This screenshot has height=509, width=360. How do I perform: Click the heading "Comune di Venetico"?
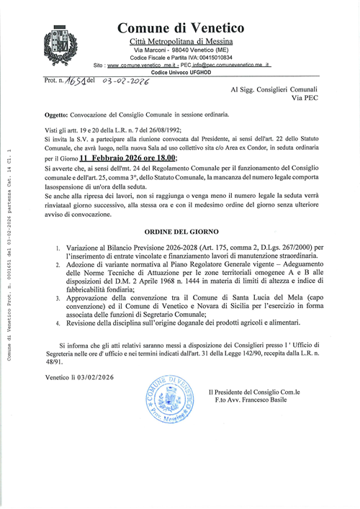point(180,28)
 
